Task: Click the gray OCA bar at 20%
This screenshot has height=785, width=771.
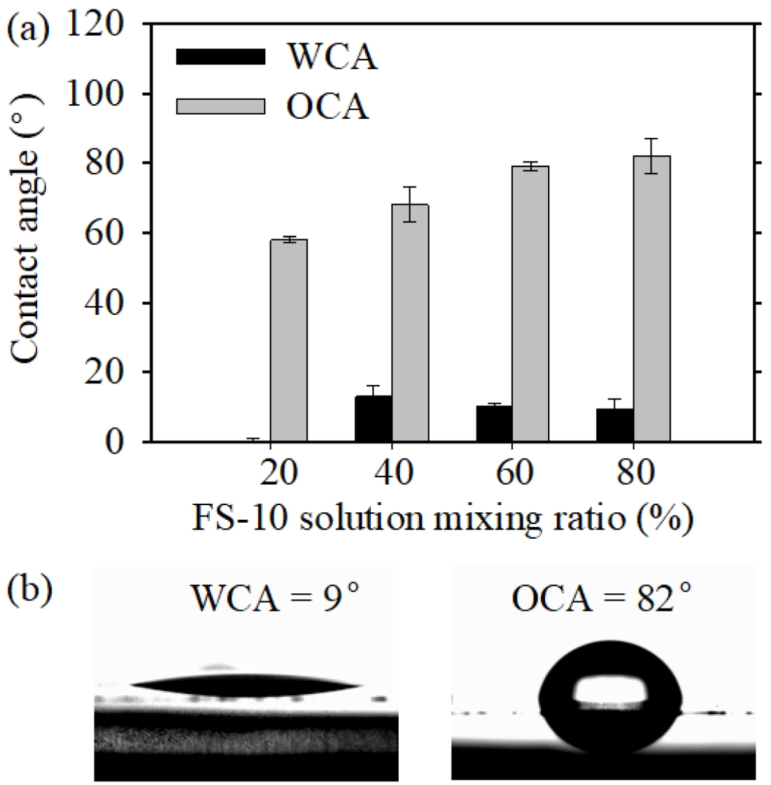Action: (x=288, y=340)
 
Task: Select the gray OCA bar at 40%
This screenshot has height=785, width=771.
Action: (x=409, y=323)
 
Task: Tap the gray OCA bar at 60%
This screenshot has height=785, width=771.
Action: (x=530, y=304)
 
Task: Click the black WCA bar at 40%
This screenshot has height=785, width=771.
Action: (x=373, y=418)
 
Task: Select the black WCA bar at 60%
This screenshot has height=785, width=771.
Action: (x=494, y=423)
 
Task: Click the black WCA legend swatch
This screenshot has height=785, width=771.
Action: (x=220, y=57)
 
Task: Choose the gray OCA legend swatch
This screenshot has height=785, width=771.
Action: (x=220, y=106)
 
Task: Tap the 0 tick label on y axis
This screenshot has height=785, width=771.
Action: (x=125, y=442)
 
